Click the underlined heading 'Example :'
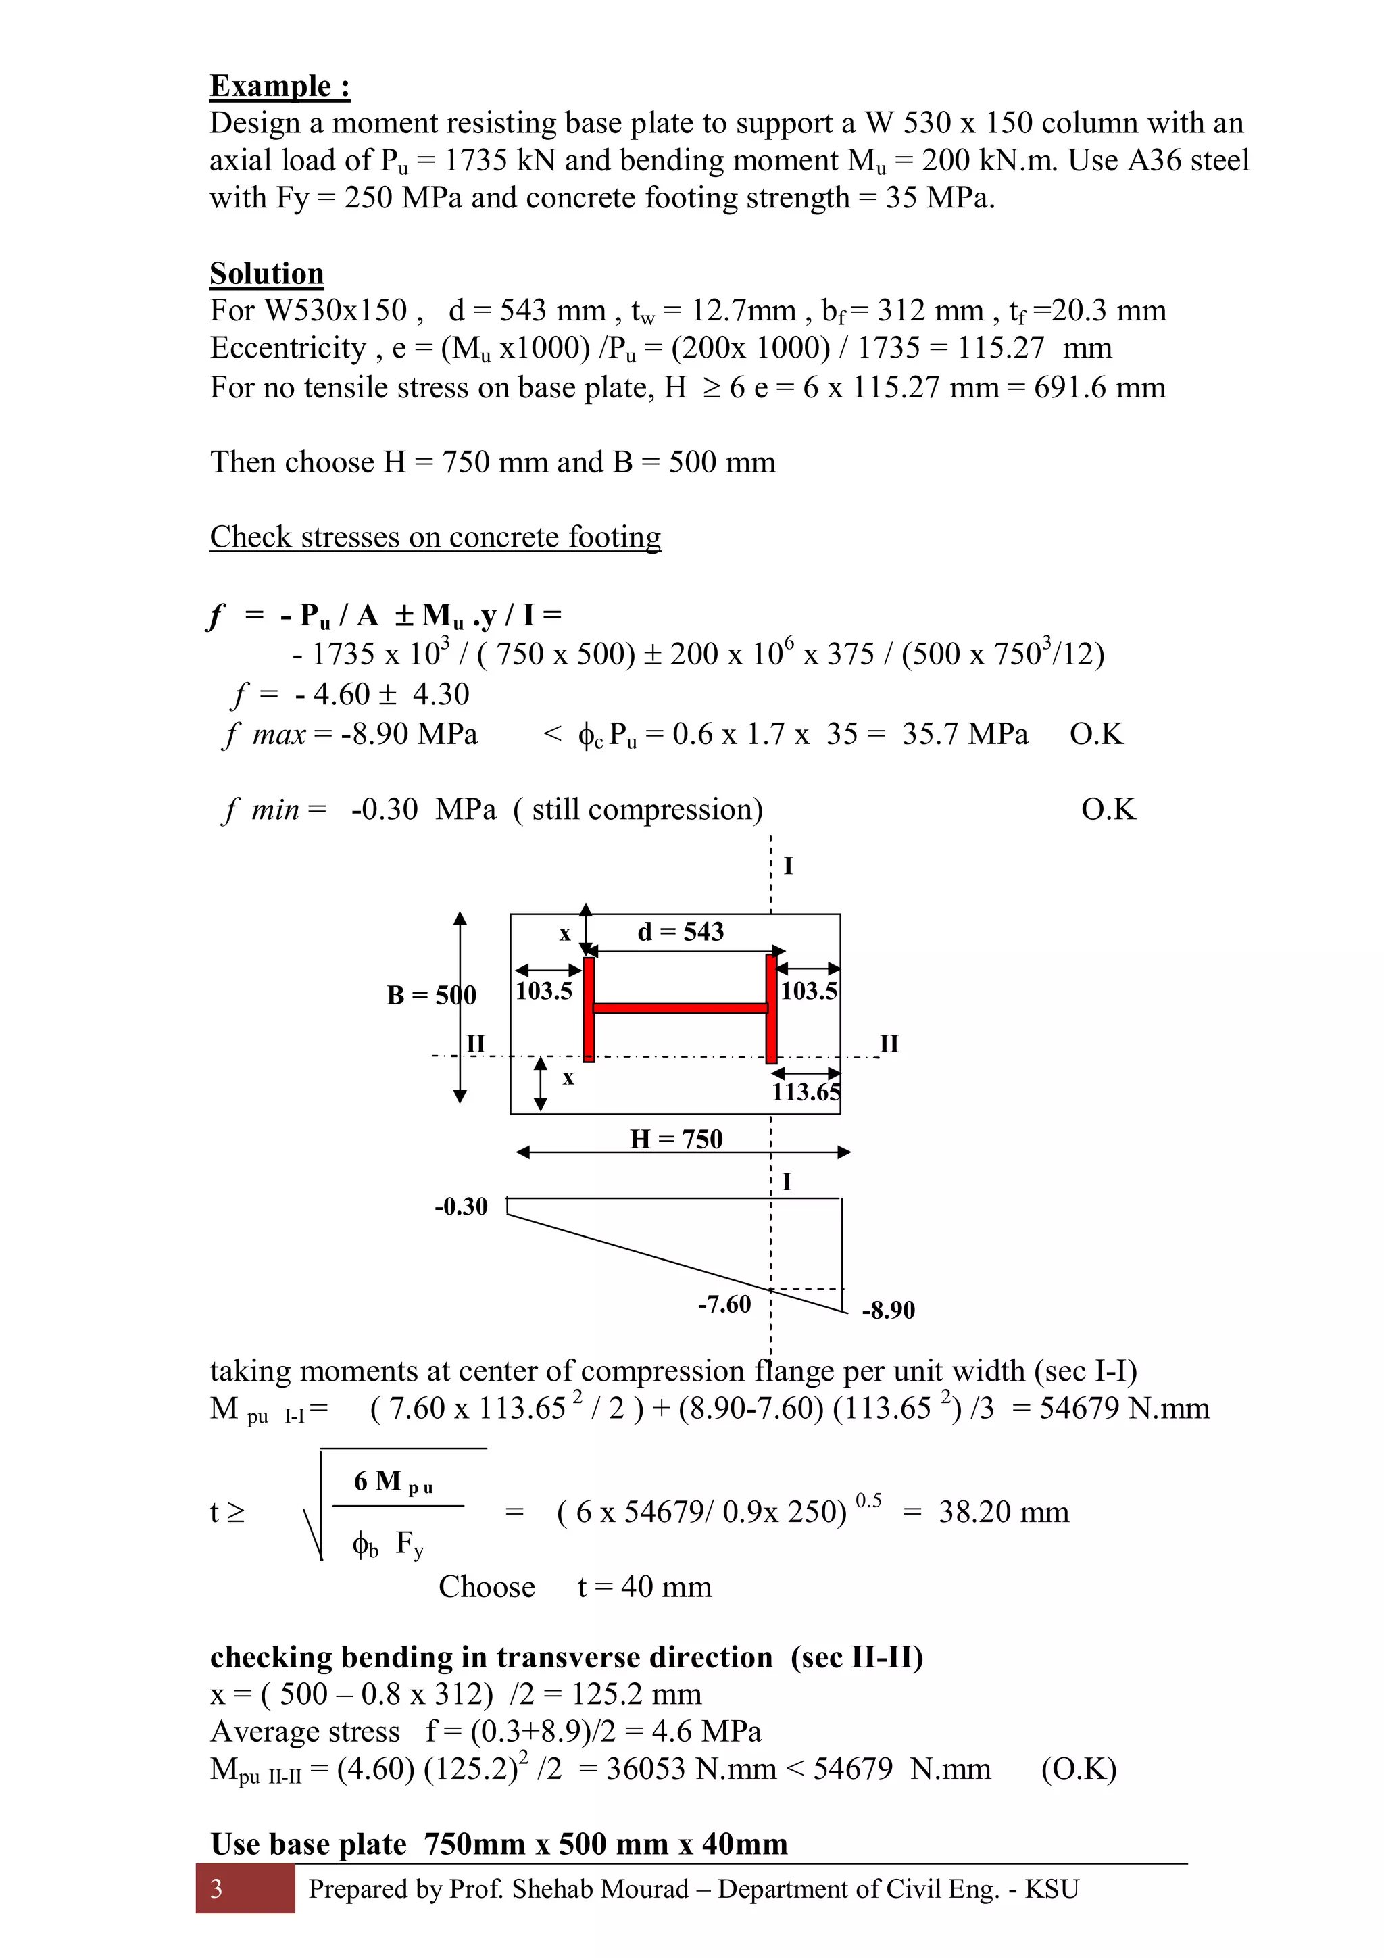[x=280, y=86]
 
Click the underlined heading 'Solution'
[x=267, y=274]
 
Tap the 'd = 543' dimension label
[x=681, y=931]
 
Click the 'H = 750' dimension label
[x=676, y=1140]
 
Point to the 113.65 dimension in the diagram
[x=805, y=1092]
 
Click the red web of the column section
[x=680, y=1008]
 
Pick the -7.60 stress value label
[x=724, y=1304]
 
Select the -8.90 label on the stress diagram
[x=888, y=1310]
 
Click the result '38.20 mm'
[x=1003, y=1512]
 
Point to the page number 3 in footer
[x=217, y=1889]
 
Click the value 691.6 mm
[x=1099, y=388]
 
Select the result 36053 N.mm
[x=691, y=1769]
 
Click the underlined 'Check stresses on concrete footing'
[x=435, y=537]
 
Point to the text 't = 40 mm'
[x=644, y=1587]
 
